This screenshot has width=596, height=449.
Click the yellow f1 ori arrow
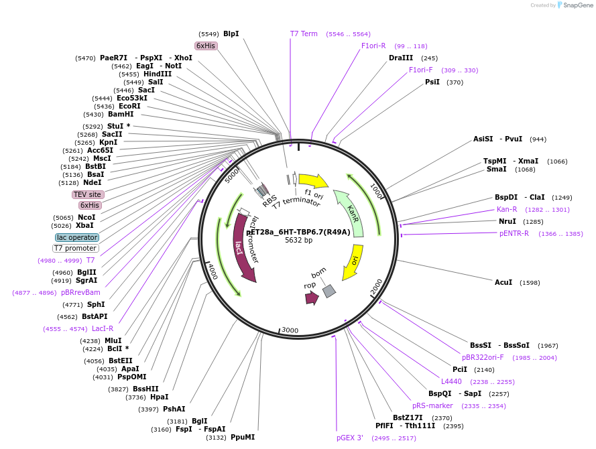coord(312,181)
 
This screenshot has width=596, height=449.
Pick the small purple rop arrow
coord(311,298)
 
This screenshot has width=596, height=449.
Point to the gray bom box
coord(329,290)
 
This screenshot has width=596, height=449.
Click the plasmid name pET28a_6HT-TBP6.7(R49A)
coord(298,232)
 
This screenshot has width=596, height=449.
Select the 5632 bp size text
coord(298,240)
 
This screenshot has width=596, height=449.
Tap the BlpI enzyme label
coord(231,34)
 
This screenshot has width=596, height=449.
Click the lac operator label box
coord(77,237)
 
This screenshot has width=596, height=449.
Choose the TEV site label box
coord(88,194)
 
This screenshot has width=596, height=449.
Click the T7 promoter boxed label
coord(76,248)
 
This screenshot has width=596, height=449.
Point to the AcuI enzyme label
coord(503,282)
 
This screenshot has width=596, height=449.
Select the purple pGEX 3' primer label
coord(350,438)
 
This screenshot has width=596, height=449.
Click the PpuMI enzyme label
coord(243,437)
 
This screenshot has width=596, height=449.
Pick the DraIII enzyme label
coord(401,58)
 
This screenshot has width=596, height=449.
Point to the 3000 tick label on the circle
coord(290,330)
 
